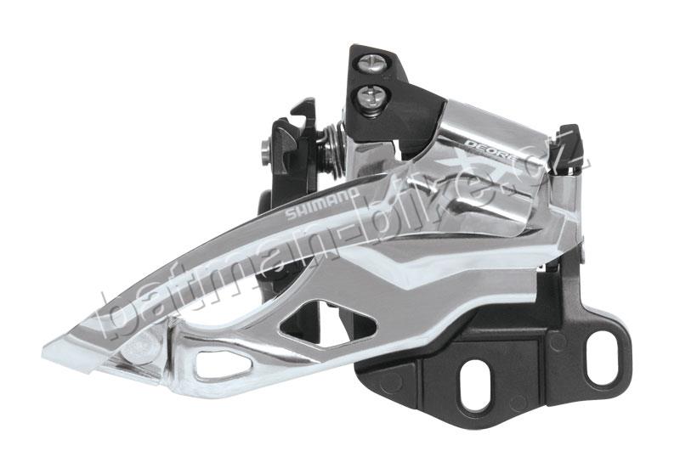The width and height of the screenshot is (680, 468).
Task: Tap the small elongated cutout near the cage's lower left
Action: (x=217, y=366)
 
